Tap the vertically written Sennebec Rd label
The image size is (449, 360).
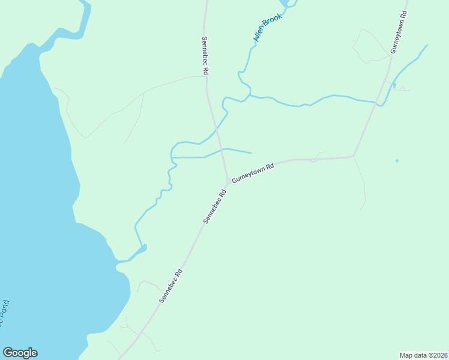click(x=205, y=55)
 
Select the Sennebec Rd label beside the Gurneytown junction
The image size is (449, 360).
click(x=214, y=206)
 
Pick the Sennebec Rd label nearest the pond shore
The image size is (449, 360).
click(x=170, y=285)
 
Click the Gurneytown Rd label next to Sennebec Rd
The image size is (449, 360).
click(x=253, y=172)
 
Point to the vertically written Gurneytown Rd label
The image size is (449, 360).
click(x=399, y=32)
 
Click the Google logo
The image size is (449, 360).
click(x=20, y=353)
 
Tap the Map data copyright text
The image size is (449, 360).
click(x=423, y=355)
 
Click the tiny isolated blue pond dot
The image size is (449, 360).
click(x=397, y=161)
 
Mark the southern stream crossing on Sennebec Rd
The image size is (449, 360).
click(x=222, y=149)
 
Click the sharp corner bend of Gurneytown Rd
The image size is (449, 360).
click(x=354, y=157)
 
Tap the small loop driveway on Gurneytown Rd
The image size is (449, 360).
click(x=313, y=160)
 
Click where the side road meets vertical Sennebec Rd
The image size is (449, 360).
click(x=206, y=76)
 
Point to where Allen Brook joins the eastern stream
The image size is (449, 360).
click(x=250, y=95)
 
